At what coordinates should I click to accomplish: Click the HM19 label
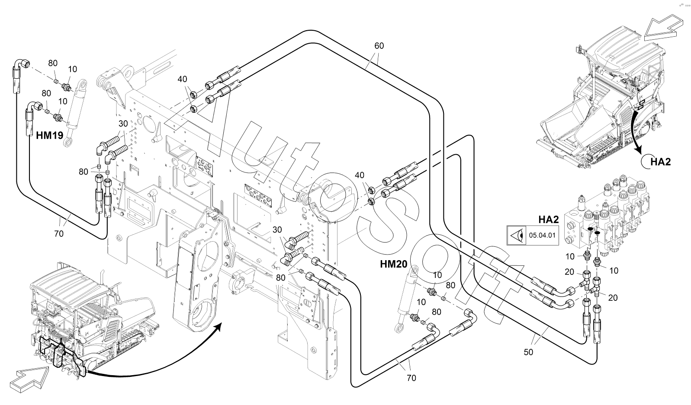(48, 135)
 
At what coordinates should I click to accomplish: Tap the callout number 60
(379, 46)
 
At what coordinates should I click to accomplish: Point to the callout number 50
(528, 352)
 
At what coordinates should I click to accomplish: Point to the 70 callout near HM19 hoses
(59, 234)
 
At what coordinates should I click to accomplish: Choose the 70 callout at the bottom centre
(411, 378)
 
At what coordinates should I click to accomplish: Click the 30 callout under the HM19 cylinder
(123, 124)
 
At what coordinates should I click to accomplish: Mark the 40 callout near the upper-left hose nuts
(183, 79)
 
